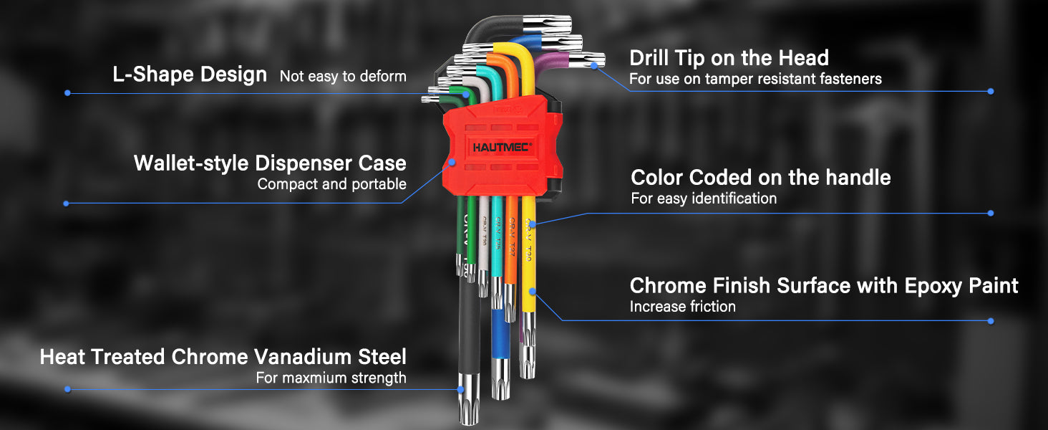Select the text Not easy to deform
[x=343, y=77]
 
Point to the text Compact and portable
[x=331, y=184]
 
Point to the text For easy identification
[x=703, y=199]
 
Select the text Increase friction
[x=682, y=307]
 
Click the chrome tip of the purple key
[x=594, y=59]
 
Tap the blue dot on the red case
[x=452, y=163]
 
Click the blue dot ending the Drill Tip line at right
[x=990, y=92]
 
